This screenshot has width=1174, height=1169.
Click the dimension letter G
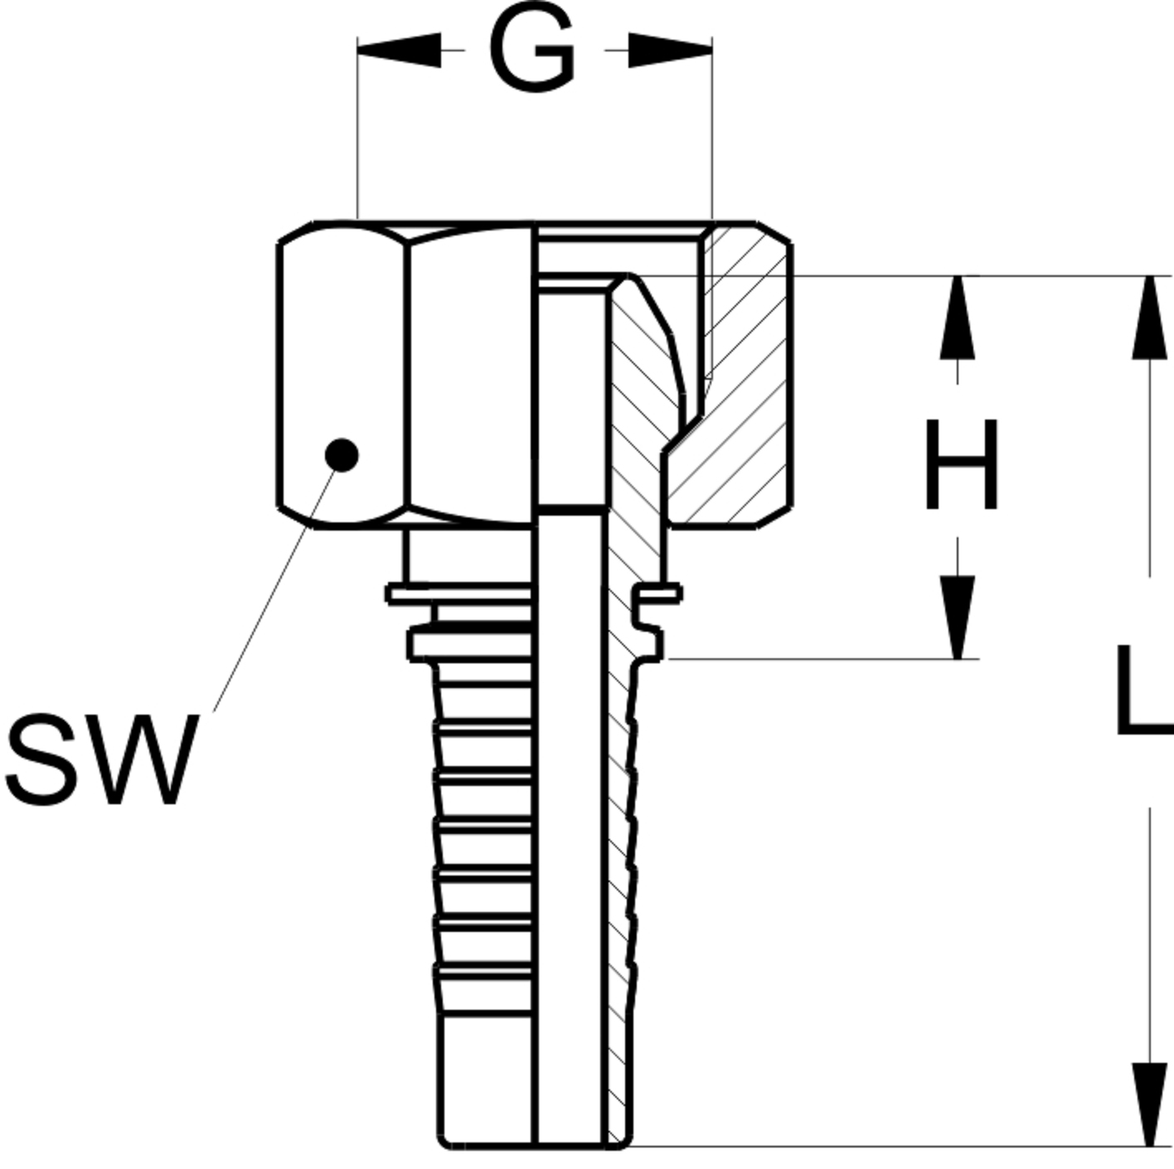(532, 51)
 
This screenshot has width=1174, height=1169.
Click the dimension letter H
(960, 464)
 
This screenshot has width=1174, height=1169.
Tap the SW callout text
(101, 759)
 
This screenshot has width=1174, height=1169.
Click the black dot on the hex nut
(341, 454)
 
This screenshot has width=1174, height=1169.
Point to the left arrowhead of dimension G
(398, 51)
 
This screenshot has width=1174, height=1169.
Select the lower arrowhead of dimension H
(958, 618)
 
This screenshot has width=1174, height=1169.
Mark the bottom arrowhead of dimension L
(1149, 1104)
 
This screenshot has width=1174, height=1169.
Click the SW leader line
(274, 589)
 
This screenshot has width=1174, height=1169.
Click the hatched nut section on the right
(746, 373)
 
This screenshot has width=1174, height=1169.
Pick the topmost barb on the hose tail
(483, 672)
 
